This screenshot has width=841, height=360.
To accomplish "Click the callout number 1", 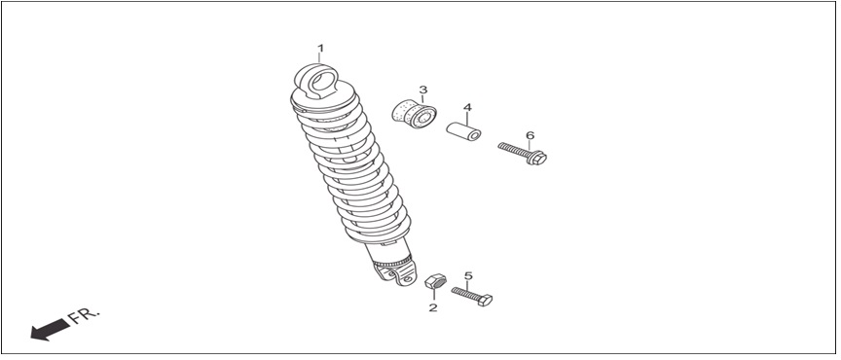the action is (x=320, y=49).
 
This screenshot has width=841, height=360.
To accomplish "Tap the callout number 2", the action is (x=433, y=308).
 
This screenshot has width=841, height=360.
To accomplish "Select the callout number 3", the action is (x=422, y=90).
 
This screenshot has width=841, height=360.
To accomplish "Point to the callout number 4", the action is (x=467, y=107).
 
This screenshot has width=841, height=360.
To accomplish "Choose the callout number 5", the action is (x=468, y=275).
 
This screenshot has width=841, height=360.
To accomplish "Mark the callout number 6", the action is (x=530, y=135).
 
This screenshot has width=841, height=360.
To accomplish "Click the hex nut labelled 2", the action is (x=435, y=281).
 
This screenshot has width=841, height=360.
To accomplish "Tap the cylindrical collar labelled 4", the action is (x=463, y=131).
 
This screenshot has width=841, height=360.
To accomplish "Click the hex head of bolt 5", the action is (x=485, y=300).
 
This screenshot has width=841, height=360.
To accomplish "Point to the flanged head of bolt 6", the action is (x=536, y=158).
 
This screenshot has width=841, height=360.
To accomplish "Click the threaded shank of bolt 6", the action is (x=513, y=150).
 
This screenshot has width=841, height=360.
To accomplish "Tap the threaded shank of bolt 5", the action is (x=464, y=294).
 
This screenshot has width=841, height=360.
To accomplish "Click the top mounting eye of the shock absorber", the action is (x=316, y=81).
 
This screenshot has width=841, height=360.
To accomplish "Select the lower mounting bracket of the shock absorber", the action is (x=395, y=273).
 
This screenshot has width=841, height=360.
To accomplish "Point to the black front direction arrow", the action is (x=50, y=329).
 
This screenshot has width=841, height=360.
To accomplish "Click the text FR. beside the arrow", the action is (x=85, y=315).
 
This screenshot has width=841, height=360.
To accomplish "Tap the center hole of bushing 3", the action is (x=424, y=119).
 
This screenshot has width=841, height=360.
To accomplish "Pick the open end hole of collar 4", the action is (x=473, y=136).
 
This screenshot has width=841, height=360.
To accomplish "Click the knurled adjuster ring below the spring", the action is (x=393, y=264).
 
